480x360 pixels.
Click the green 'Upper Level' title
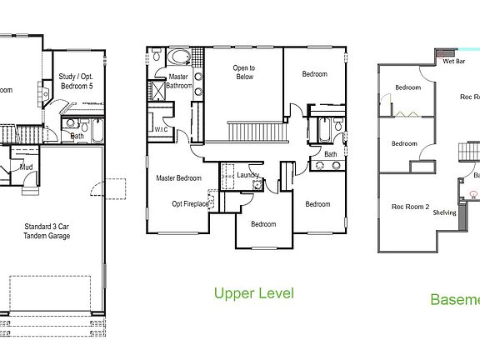tap(253, 293)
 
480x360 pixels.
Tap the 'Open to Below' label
tap(243, 73)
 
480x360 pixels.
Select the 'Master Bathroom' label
tap(179, 82)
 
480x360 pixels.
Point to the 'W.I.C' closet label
tap(162, 130)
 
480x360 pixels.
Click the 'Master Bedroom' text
tap(179, 177)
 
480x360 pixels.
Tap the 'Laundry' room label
tap(247, 175)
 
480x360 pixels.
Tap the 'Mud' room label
tap(26, 166)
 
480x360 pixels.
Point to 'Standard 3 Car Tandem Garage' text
tap(47, 232)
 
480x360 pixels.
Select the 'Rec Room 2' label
tap(410, 207)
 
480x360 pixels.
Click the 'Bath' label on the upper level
tap(331, 154)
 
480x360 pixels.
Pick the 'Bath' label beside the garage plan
tap(77, 136)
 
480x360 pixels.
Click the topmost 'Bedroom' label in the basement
tap(407, 87)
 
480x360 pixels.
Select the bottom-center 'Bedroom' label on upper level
tap(263, 223)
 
